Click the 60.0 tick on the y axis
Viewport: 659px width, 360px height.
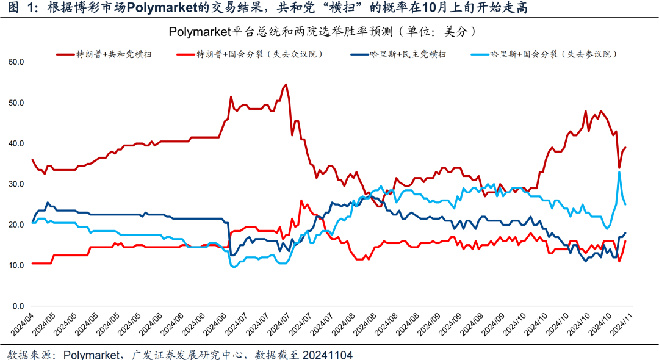(x=16, y=62)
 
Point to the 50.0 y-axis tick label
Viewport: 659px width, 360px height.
(x=16, y=103)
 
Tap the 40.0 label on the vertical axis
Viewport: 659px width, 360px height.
(x=16, y=143)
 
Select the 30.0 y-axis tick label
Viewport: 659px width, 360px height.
(x=16, y=184)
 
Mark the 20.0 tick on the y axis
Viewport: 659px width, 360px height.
(x=16, y=225)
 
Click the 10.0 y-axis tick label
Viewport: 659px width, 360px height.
(x=16, y=265)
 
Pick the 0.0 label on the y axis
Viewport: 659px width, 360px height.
(x=18, y=306)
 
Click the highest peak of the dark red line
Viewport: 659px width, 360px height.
(x=286, y=85)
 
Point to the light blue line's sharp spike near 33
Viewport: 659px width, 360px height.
(x=619, y=172)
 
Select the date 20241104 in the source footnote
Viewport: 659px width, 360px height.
(x=328, y=355)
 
